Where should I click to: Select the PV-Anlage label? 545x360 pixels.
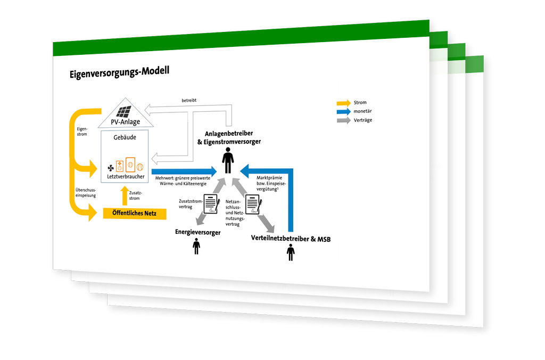(127, 122)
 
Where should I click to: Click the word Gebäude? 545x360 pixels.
(126, 137)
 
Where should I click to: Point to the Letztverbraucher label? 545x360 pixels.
(126, 176)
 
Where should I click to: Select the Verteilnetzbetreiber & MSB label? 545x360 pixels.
(291, 239)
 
